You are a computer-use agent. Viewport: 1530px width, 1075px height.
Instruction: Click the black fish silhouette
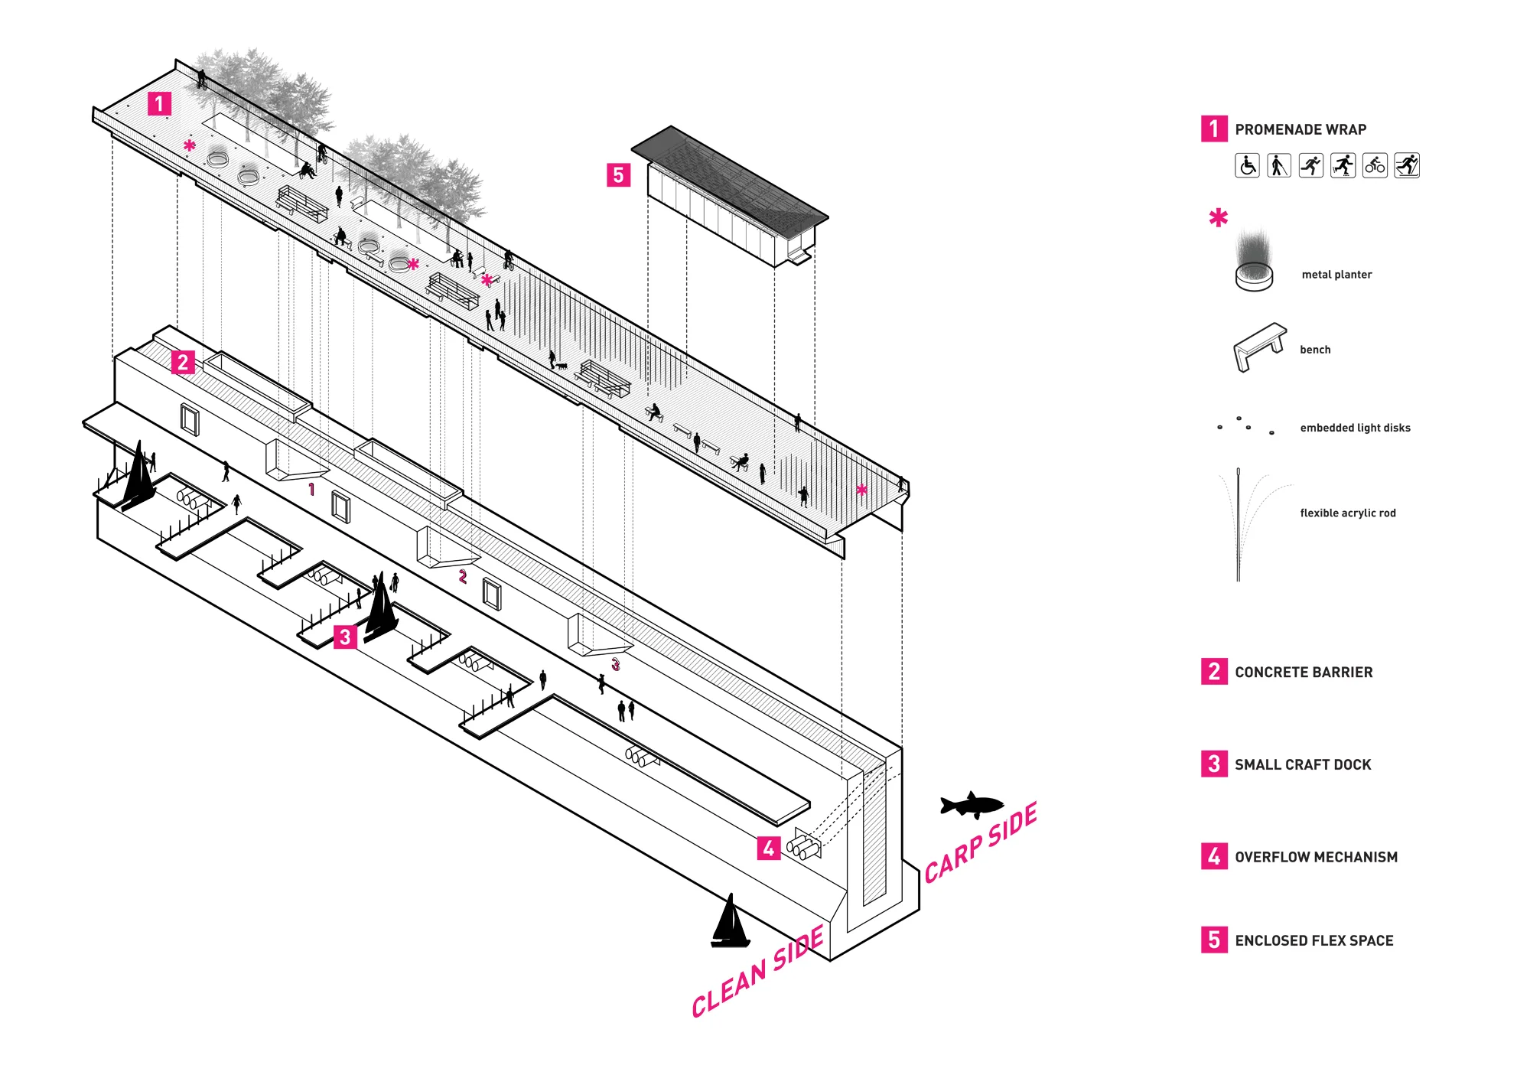coord(972,805)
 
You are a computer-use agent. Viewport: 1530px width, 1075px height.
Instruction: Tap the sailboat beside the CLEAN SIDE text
coord(730,924)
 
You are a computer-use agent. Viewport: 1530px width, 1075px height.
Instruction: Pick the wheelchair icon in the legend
coord(1247,165)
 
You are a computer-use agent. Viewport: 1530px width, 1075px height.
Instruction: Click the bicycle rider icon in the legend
coord(1375,165)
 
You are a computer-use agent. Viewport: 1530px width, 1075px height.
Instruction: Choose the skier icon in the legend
coord(1407,165)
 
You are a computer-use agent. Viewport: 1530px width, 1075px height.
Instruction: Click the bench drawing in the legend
coord(1259,347)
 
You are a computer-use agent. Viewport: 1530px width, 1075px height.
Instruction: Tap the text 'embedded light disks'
coord(1355,428)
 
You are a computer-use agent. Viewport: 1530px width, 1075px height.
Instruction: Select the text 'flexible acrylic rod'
coord(1347,513)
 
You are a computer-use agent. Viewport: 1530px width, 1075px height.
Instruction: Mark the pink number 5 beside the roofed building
coord(618,175)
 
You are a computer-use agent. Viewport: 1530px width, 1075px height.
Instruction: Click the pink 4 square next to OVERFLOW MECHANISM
coord(1214,856)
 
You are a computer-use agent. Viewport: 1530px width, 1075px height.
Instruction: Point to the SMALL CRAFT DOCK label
coord(1302,764)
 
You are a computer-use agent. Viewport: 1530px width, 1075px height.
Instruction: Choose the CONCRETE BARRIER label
coord(1303,672)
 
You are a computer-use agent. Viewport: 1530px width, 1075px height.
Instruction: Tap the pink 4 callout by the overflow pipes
coord(768,848)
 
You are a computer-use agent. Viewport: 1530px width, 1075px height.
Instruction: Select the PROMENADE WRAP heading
coord(1300,129)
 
